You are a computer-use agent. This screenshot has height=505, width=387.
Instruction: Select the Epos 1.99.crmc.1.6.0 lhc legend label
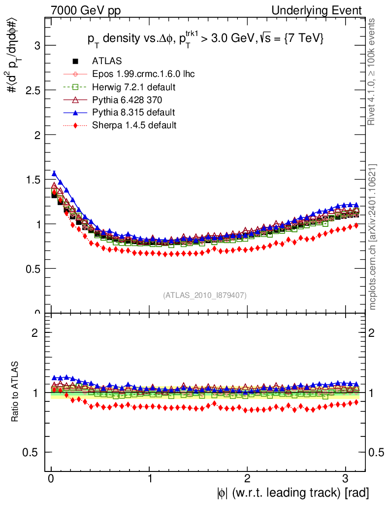(x=143, y=74)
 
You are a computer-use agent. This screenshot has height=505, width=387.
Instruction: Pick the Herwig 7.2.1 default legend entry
(x=134, y=87)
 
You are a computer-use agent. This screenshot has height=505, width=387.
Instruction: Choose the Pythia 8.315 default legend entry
(x=133, y=112)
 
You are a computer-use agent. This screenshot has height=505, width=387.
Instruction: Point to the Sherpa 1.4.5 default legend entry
(x=134, y=125)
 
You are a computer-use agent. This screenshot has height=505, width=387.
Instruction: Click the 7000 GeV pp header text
(x=86, y=10)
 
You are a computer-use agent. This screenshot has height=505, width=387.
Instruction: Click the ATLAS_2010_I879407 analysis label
(x=205, y=295)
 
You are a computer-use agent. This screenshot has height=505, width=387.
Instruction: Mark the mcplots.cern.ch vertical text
(x=373, y=237)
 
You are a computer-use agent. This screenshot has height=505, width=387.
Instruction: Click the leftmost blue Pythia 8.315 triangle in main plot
(x=54, y=173)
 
